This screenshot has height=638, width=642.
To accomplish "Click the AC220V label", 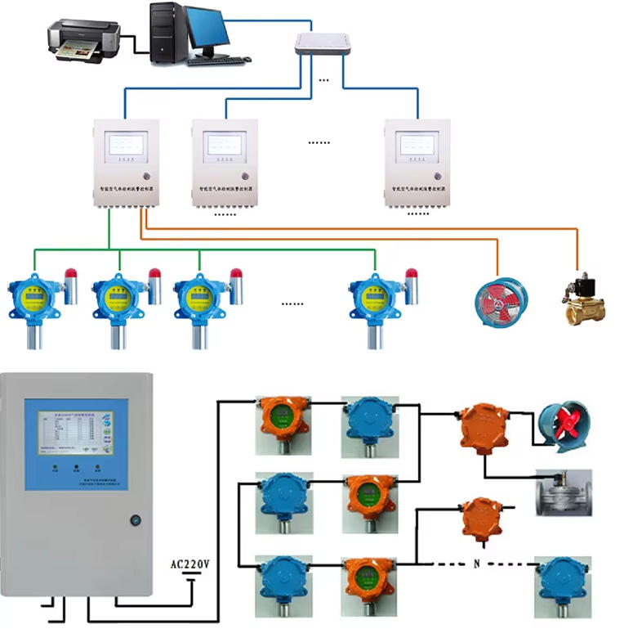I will (189, 564).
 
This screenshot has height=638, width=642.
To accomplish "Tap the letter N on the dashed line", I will (476, 564).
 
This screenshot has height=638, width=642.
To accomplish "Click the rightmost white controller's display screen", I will (417, 144).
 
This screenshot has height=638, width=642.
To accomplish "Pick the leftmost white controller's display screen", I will (127, 144).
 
